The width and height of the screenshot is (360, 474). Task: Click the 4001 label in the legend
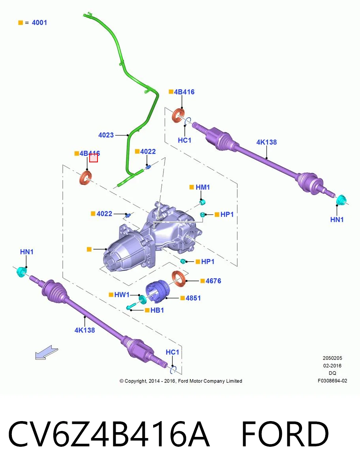(39, 23)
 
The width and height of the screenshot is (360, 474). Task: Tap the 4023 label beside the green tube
(106, 135)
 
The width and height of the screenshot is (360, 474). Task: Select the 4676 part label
(213, 281)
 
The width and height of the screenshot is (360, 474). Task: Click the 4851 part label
(193, 298)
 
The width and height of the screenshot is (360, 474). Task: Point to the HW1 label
(122, 295)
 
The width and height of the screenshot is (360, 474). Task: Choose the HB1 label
(157, 310)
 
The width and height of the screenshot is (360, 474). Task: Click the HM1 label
(202, 187)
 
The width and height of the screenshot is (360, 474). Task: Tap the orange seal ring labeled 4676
(178, 279)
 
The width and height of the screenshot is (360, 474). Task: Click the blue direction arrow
(46, 352)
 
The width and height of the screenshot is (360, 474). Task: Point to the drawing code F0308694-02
(332, 381)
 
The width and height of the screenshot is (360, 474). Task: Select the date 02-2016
(332, 366)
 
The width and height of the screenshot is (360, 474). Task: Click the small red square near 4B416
(94, 158)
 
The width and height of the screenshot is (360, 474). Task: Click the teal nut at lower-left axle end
(22, 272)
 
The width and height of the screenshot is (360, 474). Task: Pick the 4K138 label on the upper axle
(266, 142)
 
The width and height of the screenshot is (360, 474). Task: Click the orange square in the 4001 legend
(21, 23)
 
